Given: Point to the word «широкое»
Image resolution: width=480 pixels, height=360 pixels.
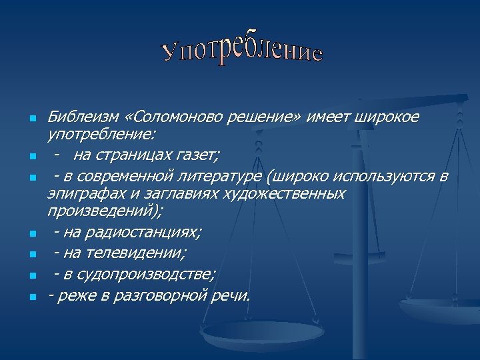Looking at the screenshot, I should click(389, 117).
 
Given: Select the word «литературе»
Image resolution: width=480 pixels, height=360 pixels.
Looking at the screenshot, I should click(221, 176).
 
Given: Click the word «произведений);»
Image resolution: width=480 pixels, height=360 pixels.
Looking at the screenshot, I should click(105, 212).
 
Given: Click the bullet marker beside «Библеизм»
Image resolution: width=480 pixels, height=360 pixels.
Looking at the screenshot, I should click(32, 119).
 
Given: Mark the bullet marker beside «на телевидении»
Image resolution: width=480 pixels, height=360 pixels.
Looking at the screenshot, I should click(32, 255).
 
